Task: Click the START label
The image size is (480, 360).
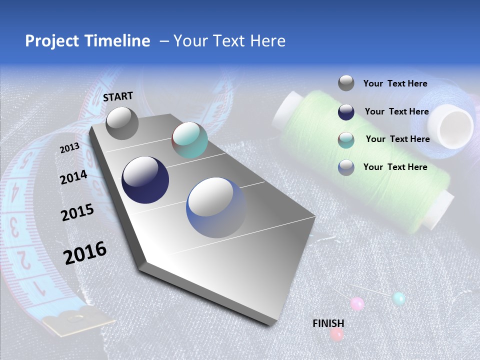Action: (x=118, y=96)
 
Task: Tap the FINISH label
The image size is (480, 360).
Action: (x=328, y=323)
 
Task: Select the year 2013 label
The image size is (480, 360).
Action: (x=70, y=148)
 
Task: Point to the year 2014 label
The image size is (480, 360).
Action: (x=74, y=177)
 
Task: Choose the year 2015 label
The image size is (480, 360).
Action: (x=77, y=212)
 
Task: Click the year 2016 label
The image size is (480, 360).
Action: (x=85, y=252)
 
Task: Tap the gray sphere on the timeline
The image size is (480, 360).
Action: (x=122, y=123)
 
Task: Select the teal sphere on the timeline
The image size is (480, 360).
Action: (x=189, y=140)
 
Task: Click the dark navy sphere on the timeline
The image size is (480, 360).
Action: (x=145, y=180)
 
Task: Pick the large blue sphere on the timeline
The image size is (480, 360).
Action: (x=216, y=207)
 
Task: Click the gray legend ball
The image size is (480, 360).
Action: (x=346, y=83)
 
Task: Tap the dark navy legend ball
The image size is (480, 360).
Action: (x=346, y=112)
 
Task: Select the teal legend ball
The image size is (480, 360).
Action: (x=346, y=140)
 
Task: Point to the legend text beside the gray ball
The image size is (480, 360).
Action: (x=395, y=84)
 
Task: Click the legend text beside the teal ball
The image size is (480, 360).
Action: (x=397, y=139)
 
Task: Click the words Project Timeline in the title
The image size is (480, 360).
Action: (x=87, y=41)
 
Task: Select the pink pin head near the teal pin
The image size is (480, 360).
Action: (x=357, y=303)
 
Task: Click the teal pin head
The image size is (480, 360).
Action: (x=398, y=299)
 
